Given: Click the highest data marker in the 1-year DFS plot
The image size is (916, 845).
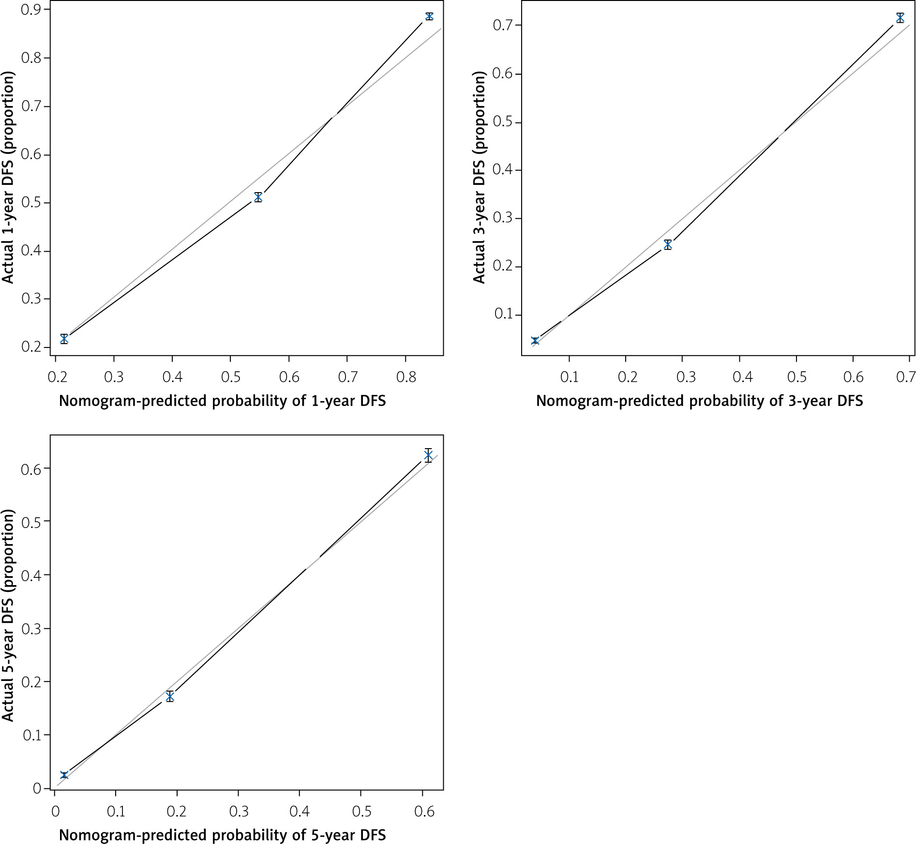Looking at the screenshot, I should (x=429, y=16).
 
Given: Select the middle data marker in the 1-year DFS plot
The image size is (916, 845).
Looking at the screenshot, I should (x=258, y=197).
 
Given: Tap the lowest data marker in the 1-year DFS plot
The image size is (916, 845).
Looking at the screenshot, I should (x=64, y=339).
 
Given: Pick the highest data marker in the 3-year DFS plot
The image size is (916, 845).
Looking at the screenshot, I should (x=900, y=18).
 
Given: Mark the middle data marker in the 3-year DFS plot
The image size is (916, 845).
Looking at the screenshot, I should (x=668, y=244).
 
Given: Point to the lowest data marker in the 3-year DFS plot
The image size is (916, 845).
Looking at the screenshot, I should (x=535, y=341).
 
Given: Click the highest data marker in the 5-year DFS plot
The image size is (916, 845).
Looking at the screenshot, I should (x=428, y=455).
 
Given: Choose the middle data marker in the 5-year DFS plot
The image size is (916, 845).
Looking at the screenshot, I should (x=170, y=696).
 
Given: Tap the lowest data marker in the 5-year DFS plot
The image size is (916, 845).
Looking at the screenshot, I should (x=64, y=775).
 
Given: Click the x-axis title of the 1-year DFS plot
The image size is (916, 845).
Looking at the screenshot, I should (x=222, y=401).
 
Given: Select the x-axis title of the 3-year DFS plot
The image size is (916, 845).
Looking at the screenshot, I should (x=699, y=401).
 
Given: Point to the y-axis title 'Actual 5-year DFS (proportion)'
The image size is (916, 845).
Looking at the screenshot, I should (x=8, y=615).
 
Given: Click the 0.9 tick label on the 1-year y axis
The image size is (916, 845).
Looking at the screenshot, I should (x=30, y=10).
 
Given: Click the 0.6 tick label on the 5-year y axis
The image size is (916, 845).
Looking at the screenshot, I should (x=30, y=468).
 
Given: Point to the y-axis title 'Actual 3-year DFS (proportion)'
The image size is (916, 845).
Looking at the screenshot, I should (x=479, y=177).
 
